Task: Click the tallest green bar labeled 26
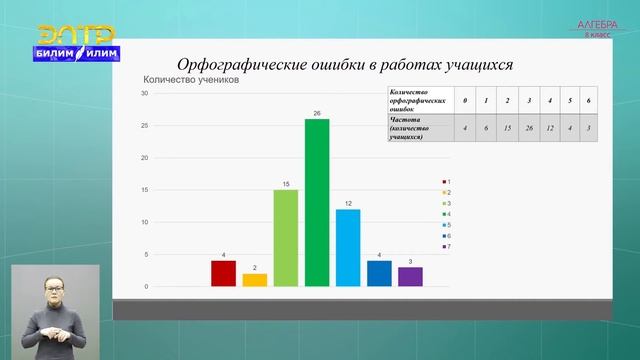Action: (317, 203)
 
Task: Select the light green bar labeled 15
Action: (286, 238)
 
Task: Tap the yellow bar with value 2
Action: (255, 280)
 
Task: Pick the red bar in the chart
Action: (224, 273)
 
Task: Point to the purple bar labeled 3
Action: (410, 277)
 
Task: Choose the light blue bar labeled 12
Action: (348, 248)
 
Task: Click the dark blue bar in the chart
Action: (379, 273)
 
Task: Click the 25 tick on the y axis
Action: (145, 126)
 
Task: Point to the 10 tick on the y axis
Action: (145, 222)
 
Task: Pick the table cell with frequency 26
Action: (529, 129)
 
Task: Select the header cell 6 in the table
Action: (590, 102)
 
